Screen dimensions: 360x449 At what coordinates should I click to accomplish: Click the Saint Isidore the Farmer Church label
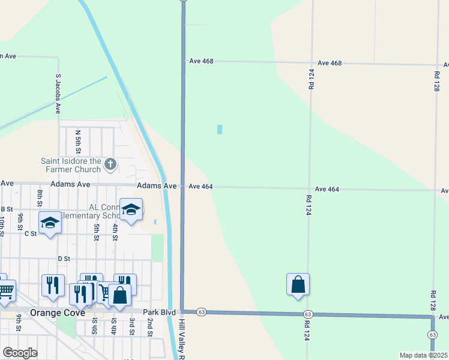tap(71, 164)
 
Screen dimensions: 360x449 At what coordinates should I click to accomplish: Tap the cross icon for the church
tap(110, 163)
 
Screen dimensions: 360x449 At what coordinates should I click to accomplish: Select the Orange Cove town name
tap(41, 313)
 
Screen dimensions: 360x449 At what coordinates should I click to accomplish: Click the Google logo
tap(20, 353)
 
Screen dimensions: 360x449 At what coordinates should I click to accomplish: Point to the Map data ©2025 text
tap(424, 355)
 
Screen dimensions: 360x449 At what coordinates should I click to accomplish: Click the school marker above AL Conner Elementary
tap(131, 210)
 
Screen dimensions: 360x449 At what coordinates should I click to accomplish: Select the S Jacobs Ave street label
tap(58, 94)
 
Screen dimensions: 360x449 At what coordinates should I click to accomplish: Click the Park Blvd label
tap(159, 312)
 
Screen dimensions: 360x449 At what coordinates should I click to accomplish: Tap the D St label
tap(64, 259)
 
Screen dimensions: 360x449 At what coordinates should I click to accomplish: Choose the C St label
tap(31, 233)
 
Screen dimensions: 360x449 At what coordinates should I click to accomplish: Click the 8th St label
tap(40, 197)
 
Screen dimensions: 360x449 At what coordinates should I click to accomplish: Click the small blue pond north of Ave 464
tap(219, 129)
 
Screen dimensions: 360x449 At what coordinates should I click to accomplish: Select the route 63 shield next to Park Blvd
tap(201, 312)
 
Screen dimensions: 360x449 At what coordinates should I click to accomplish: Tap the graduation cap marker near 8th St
tap(50, 223)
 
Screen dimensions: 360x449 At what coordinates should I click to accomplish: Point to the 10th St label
tap(2, 227)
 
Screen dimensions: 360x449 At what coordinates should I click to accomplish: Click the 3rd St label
tap(131, 328)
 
